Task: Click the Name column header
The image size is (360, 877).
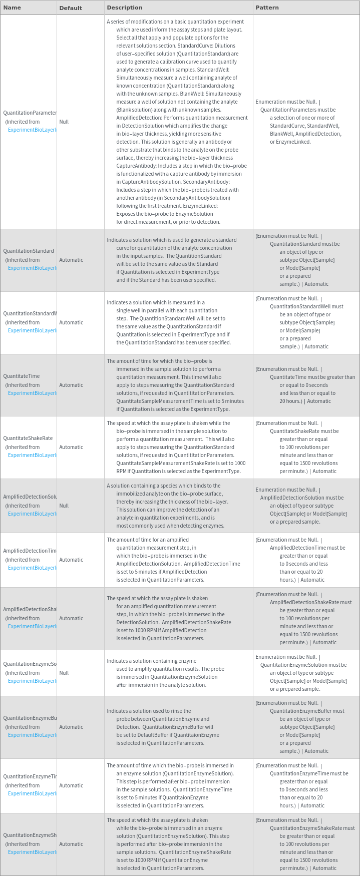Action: (12, 8)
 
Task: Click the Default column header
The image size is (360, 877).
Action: (70, 8)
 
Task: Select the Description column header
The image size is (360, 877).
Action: (125, 8)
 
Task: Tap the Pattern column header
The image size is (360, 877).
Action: (267, 8)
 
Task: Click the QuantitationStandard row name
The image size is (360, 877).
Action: (29, 251)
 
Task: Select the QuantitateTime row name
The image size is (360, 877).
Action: (22, 376)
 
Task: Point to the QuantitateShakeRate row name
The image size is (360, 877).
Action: (28, 438)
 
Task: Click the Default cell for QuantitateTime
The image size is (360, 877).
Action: (71, 385)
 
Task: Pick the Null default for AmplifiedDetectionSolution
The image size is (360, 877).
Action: (64, 506)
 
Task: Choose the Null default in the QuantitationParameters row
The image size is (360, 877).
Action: (64, 122)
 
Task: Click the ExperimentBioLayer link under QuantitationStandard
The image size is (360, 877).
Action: (33, 268)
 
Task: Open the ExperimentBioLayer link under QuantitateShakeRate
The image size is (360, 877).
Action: (33, 455)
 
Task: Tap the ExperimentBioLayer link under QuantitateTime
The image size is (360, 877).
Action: (33, 393)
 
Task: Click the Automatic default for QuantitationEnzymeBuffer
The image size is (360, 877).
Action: (71, 727)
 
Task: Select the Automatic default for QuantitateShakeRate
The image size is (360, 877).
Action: (71, 447)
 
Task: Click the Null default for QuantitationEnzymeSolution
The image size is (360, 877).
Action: (64, 673)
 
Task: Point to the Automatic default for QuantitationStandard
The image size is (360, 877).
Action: (71, 260)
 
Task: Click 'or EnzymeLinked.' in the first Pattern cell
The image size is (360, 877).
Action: (290, 142)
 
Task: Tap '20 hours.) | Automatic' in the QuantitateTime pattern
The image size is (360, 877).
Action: (305, 401)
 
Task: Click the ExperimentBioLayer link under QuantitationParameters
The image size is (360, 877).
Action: (33, 130)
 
